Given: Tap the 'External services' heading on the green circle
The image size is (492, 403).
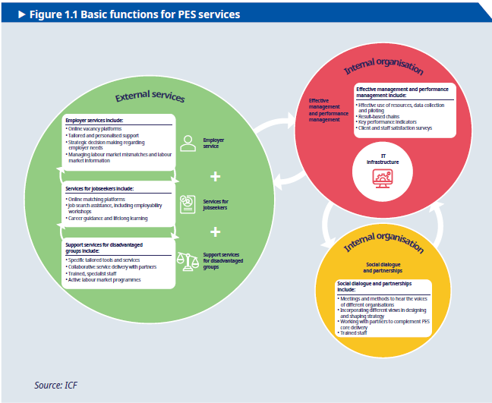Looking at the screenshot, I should click(x=150, y=98).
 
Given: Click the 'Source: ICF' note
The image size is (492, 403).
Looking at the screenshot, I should click(x=58, y=386).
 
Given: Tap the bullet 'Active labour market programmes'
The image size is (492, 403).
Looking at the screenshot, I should click(x=103, y=279).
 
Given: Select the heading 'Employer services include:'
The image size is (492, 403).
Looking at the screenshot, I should click(x=95, y=121).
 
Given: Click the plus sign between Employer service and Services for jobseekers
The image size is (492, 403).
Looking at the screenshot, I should click(x=216, y=177).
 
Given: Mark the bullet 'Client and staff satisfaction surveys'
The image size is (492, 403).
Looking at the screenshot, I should click(x=395, y=128).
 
